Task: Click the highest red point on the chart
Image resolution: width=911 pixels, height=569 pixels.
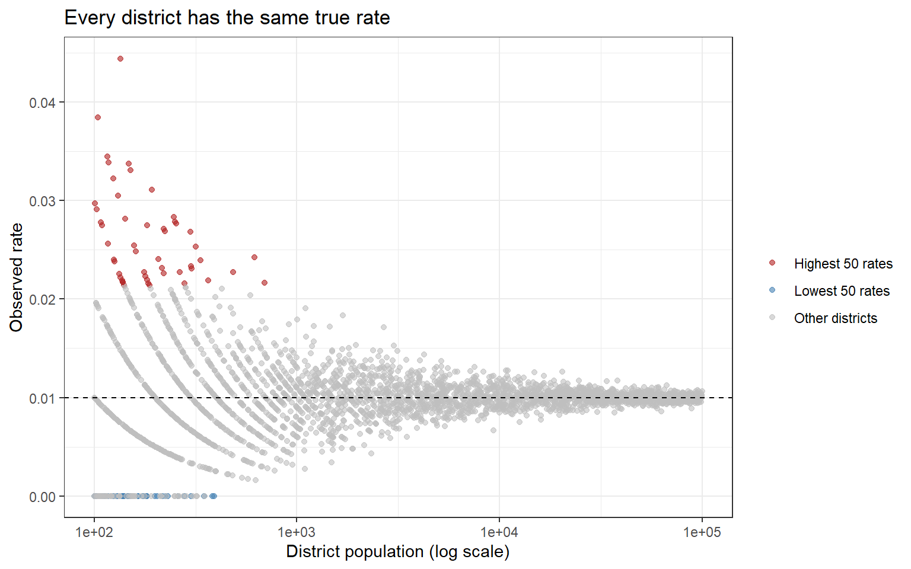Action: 120,59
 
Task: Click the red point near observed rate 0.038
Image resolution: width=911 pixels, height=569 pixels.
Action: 98,117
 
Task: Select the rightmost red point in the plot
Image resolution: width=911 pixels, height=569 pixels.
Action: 265,283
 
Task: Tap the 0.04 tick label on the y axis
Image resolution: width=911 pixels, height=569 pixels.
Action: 42,103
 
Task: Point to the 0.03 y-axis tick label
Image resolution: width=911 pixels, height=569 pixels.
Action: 42,201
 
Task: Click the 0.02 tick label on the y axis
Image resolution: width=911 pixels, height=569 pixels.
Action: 42,299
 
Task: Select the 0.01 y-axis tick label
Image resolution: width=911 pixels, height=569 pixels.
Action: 42,398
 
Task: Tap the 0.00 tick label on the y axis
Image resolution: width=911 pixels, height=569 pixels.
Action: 42,497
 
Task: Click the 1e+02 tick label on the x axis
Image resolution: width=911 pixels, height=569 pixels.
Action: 94,532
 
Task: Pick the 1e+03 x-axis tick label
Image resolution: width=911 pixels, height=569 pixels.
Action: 297,532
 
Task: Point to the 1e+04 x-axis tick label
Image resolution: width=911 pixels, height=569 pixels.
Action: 499,532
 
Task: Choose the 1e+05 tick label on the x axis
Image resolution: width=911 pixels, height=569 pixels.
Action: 702,532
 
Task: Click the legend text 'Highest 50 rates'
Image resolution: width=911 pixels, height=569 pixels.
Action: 843,264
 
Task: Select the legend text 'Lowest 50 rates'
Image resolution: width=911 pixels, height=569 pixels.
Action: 842,291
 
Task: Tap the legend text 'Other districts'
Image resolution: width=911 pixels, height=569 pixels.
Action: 835,318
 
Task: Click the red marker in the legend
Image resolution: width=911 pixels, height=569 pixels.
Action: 772,263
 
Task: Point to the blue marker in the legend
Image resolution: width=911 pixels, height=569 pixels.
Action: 772,290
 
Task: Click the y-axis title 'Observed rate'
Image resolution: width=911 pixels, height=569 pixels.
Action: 16,277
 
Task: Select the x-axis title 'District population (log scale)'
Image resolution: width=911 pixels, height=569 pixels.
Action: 398,552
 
